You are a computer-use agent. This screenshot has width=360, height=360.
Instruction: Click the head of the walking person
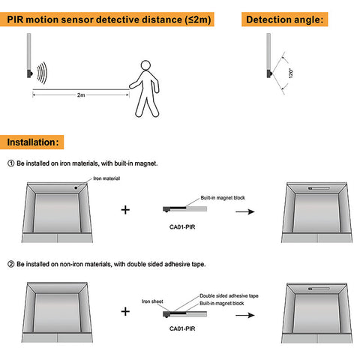(x=145, y=65)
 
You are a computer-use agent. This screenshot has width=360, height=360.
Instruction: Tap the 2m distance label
(x=81, y=95)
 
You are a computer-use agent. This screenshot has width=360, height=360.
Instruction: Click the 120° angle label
(x=290, y=73)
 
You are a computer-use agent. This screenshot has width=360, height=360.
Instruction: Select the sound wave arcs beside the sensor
(x=42, y=73)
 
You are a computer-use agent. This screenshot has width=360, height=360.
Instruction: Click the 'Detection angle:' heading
(x=284, y=19)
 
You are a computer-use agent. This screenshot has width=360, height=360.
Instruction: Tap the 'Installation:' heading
(x=32, y=142)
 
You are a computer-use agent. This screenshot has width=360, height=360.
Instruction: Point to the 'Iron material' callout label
(x=106, y=178)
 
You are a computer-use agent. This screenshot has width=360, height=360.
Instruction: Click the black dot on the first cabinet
(x=76, y=187)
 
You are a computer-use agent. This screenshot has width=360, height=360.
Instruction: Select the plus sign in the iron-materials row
(x=125, y=210)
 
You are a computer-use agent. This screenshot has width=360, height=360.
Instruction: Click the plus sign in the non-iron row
(x=125, y=311)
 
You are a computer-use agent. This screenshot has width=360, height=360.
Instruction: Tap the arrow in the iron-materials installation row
(x=245, y=211)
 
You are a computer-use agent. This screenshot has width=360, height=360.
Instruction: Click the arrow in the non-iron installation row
(x=245, y=315)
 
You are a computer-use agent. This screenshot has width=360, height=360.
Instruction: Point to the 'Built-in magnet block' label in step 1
(x=223, y=198)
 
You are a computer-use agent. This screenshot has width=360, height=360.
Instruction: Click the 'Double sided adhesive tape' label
(x=229, y=295)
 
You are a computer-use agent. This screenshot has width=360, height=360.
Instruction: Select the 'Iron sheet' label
(x=152, y=301)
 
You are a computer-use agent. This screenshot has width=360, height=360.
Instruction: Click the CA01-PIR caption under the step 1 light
(x=182, y=227)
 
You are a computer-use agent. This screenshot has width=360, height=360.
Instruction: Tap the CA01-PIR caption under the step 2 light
(x=182, y=328)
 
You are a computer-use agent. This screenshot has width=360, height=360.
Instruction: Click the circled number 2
(x=11, y=264)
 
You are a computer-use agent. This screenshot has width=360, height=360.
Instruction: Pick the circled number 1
(x=11, y=163)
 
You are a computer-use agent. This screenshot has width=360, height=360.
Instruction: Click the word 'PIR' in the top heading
(x=15, y=19)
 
